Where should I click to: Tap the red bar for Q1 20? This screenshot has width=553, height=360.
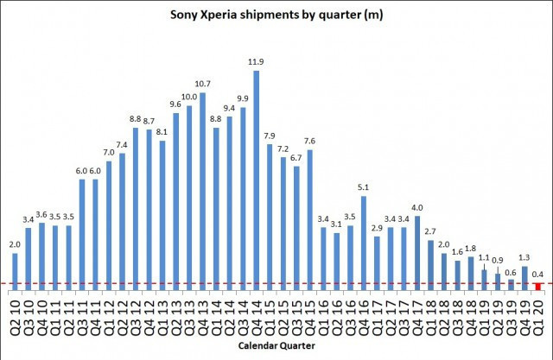(537, 286)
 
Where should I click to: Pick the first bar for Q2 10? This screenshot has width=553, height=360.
(16, 267)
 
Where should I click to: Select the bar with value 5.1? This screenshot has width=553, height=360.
(364, 243)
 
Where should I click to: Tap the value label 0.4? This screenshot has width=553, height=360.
(537, 273)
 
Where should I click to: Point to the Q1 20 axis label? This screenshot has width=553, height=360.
(537, 312)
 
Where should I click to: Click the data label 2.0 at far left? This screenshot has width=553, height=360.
(16, 245)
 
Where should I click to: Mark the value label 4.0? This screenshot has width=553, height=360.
(417, 207)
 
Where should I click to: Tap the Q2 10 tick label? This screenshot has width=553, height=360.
(16, 312)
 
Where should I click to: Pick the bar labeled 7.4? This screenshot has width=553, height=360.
(122, 221)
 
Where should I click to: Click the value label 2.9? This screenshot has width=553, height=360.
(377, 228)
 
